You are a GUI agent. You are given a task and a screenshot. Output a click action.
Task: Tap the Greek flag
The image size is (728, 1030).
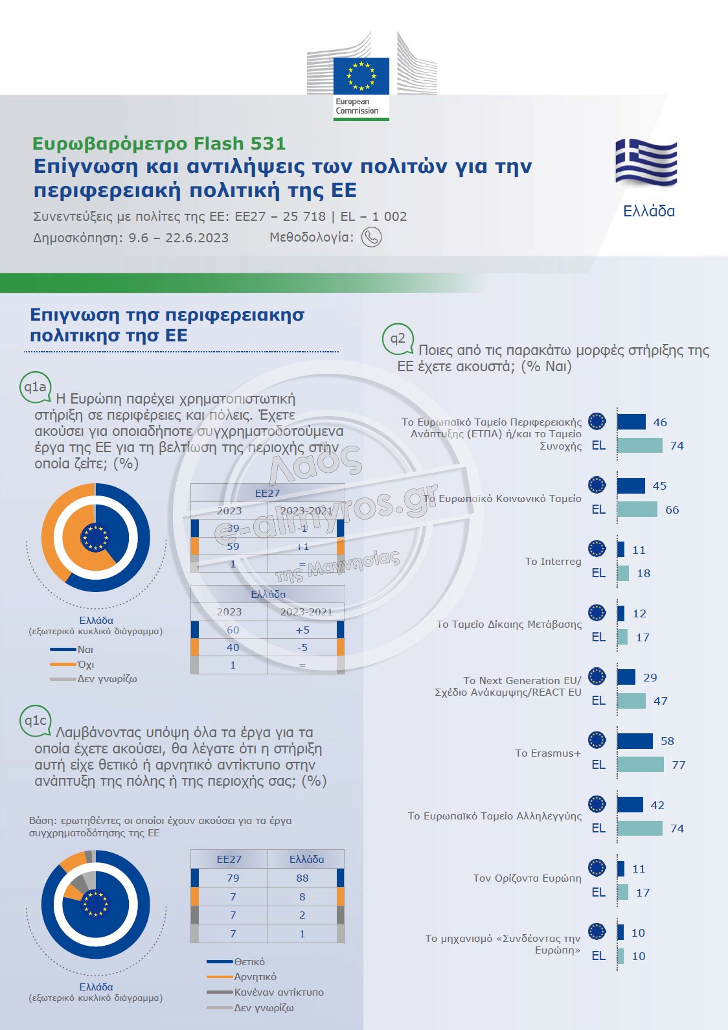(646, 163)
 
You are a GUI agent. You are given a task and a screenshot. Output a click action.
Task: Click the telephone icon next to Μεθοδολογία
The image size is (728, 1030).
(371, 237)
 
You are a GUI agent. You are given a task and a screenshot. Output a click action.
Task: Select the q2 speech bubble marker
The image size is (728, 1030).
(398, 338)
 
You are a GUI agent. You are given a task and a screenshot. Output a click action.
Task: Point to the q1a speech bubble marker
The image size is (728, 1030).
(35, 387)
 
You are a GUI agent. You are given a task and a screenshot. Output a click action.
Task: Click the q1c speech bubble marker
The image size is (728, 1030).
(35, 720)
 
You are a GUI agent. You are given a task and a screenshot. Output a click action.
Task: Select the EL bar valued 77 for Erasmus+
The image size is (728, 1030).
(641, 764)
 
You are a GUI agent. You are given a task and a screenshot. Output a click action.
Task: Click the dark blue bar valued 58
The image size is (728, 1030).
(635, 741)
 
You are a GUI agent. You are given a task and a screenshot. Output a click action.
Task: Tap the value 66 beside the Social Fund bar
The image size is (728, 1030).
(672, 510)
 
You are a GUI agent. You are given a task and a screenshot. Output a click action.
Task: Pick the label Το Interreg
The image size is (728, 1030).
(553, 562)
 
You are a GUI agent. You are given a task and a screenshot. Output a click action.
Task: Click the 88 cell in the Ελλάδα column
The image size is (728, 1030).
(302, 878)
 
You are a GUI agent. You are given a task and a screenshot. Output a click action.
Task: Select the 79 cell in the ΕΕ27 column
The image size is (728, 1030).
(233, 878)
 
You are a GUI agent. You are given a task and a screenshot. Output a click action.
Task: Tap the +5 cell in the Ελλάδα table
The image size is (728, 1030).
(302, 630)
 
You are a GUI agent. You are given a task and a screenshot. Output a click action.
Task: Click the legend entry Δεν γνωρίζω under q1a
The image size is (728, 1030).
(107, 679)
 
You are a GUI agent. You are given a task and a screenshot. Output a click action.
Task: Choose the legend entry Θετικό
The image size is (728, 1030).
(249, 962)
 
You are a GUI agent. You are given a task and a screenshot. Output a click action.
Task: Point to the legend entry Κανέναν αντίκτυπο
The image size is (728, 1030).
(279, 992)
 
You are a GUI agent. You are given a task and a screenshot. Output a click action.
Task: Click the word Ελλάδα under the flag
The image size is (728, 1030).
(648, 211)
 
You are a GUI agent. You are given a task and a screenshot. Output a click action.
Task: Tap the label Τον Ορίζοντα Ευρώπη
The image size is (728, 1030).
(527, 878)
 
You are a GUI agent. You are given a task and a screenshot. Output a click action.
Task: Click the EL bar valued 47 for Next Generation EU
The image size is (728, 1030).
(631, 701)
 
